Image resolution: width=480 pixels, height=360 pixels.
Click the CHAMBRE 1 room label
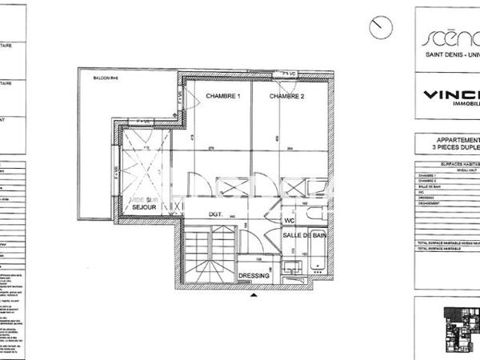tap(223, 97)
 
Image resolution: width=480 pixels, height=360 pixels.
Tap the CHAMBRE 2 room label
tap(286, 97)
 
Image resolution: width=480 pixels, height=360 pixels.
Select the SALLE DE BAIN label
tap(302, 235)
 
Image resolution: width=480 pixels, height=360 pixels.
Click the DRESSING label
tap(255, 276)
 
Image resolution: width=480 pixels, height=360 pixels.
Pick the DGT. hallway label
tap(215, 214)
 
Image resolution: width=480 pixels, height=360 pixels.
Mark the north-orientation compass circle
tap(381, 27)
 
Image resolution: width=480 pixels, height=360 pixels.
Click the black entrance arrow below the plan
tap(254, 296)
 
